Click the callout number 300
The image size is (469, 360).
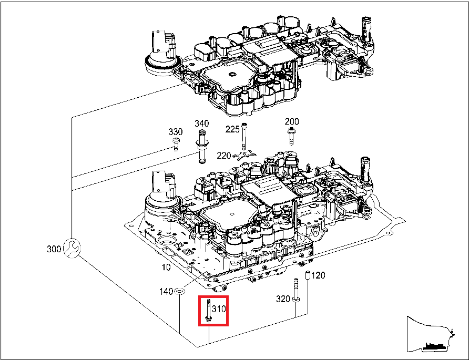coord(54,249)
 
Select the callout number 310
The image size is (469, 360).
coord(218,308)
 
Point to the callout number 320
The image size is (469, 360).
coord(283,299)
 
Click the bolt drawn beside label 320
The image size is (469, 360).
coord(296,290)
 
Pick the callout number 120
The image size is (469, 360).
coord(319,275)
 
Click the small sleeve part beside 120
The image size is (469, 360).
coord(309,275)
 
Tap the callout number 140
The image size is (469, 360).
coord(167,291)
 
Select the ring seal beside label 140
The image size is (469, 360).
coord(179,290)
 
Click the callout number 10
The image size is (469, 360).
coord(166,267)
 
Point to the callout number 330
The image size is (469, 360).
coord(175,131)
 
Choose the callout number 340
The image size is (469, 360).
coord(202,124)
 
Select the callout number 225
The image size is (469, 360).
coord(232,129)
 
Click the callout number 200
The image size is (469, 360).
coord(292,121)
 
